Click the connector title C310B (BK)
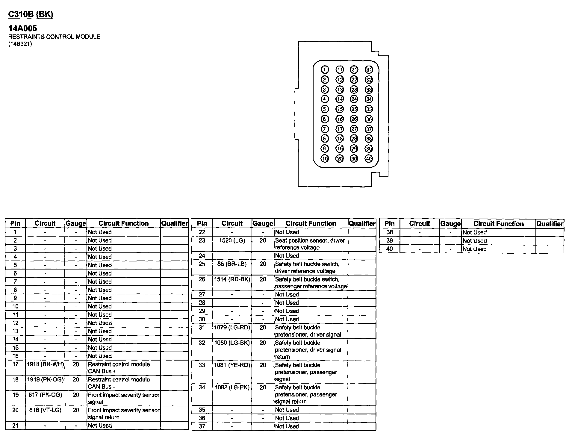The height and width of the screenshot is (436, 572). coord(31,14)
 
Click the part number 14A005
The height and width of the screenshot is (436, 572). coord(23,28)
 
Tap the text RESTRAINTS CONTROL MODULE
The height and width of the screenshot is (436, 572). coord(54,37)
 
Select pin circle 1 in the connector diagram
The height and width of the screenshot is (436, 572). coord(325,70)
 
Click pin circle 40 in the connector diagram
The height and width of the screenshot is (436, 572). coord(369,159)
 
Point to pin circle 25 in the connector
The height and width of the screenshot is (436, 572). coord(354,109)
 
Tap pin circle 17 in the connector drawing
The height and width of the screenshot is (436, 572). coord(339,129)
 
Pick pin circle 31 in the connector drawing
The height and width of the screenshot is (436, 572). coord(369,70)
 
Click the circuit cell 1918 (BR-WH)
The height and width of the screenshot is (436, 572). coord(45,364)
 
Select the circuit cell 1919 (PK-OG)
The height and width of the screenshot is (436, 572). coord(45,380)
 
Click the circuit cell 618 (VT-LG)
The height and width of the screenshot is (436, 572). coord(45,410)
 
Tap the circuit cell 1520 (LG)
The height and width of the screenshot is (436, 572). coord(232,240)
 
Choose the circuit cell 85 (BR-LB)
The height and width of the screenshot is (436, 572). coord(232,264)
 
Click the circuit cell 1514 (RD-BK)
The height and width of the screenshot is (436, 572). coord(232,279)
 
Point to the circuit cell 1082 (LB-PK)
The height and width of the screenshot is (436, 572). coord(232,387)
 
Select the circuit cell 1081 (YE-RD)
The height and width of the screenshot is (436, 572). coord(232,365)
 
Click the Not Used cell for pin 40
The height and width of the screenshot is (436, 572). coord(475,249)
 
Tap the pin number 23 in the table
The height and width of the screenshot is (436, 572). coord(202,240)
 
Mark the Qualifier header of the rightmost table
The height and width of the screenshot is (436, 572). coord(550,224)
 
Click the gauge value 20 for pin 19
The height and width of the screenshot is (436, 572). coord(76,395)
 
